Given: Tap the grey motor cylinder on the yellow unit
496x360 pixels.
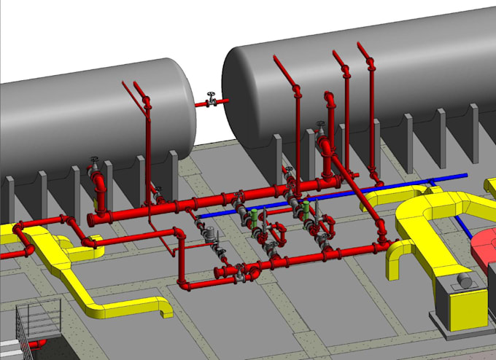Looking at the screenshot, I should pyautogui.click(x=464, y=279).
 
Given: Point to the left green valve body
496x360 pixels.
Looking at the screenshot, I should pyautogui.click(x=253, y=216).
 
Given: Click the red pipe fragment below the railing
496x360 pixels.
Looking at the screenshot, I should pyautogui.click(x=36, y=343).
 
